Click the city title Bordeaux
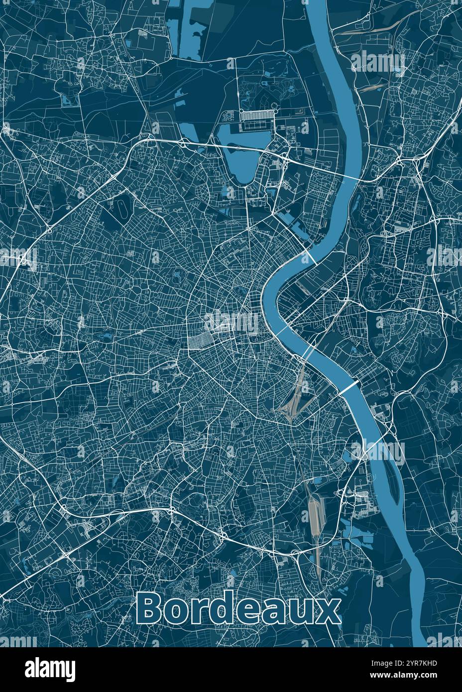click(x=238, y=608)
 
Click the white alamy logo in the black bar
click(x=50, y=669)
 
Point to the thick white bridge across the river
click(x=348, y=387)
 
